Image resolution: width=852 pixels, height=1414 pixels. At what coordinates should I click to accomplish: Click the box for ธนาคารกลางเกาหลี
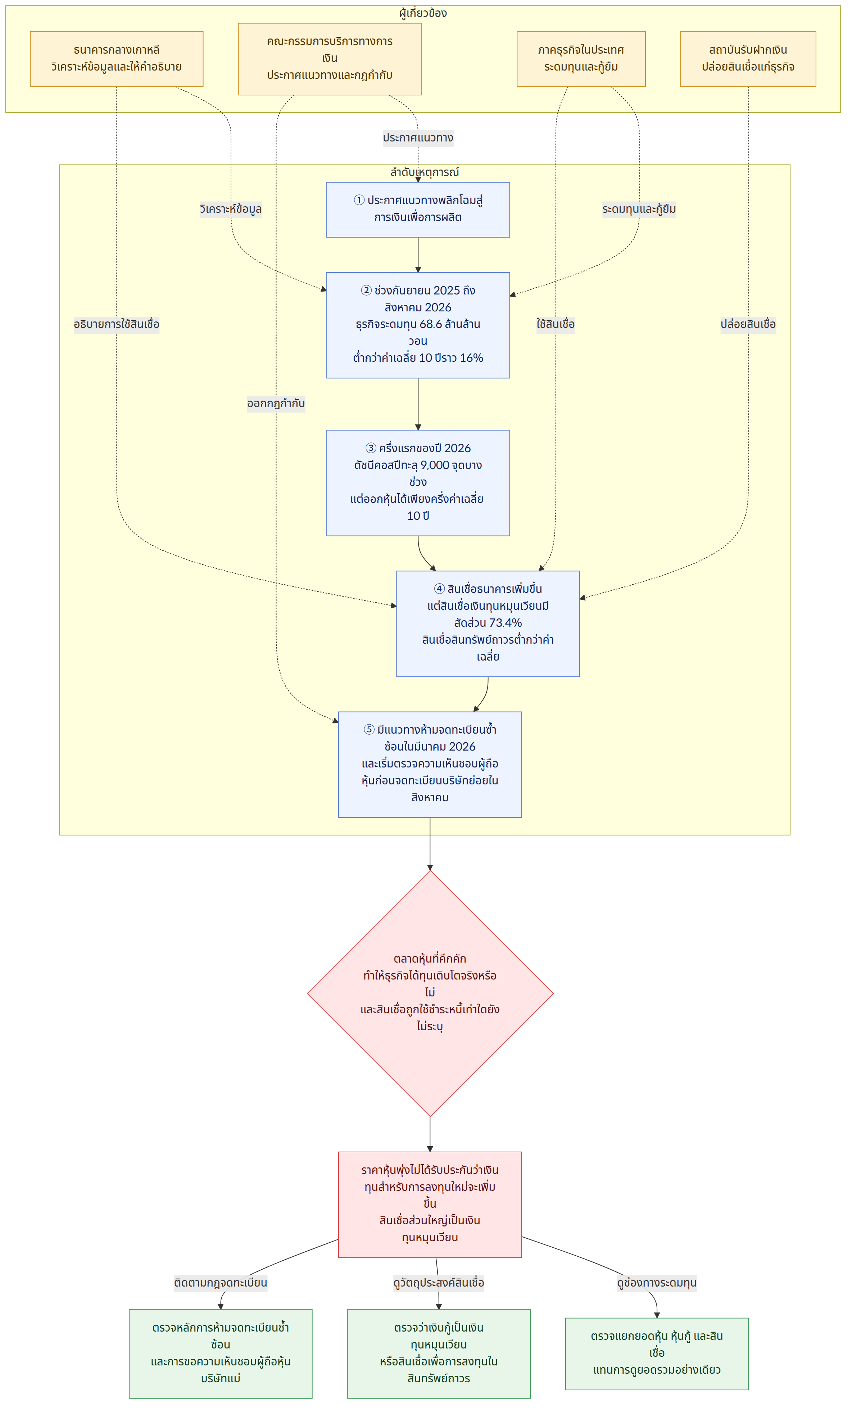(117, 59)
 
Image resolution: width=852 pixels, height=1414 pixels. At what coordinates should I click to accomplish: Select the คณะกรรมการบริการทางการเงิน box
(329, 59)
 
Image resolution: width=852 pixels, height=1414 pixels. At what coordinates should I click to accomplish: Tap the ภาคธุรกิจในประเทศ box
(581, 59)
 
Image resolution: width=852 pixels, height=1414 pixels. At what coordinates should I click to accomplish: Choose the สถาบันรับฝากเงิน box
(748, 59)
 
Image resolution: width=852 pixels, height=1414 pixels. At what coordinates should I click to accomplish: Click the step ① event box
(418, 210)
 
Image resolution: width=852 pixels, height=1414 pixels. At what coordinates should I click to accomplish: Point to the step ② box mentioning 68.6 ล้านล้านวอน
(418, 325)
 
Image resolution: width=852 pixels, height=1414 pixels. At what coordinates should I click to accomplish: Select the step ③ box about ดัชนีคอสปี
(418, 483)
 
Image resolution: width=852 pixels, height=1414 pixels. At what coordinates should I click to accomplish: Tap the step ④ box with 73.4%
(488, 624)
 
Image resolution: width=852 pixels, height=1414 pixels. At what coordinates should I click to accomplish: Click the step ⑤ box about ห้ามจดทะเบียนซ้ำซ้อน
(430, 764)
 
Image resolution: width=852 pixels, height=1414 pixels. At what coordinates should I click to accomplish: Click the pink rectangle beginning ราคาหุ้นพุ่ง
(430, 1204)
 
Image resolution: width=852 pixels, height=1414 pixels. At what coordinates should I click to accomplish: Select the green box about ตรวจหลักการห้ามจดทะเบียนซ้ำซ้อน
(220, 1354)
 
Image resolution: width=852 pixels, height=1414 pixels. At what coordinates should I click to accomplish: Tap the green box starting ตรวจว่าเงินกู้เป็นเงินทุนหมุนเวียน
(438, 1354)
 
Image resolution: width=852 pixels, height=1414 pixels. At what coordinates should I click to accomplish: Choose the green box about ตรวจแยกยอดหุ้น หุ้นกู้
(657, 1354)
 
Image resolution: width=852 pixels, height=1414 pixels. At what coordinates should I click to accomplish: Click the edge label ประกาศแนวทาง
(418, 138)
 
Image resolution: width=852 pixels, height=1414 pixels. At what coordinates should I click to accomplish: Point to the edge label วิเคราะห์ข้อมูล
(231, 209)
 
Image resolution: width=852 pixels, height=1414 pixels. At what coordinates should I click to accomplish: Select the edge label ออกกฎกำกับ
(276, 404)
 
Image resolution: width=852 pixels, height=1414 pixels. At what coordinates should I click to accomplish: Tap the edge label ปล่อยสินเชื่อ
(748, 324)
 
